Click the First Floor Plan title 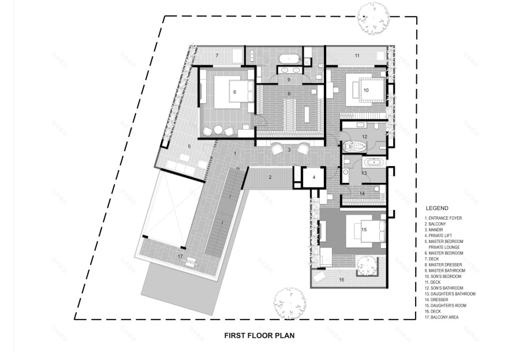[x=260, y=335]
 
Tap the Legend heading [x=437, y=208]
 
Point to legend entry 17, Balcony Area [x=443, y=317]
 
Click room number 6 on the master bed [x=235, y=92]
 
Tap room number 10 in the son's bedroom [x=366, y=90]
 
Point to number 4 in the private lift [x=313, y=177]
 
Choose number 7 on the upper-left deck [x=217, y=55]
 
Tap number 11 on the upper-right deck [x=357, y=55]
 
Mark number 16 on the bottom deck [x=341, y=279]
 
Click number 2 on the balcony [x=270, y=177]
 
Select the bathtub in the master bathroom [x=289, y=59]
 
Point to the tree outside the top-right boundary [x=372, y=18]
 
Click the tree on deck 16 [x=367, y=266]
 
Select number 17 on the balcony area [x=180, y=256]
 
